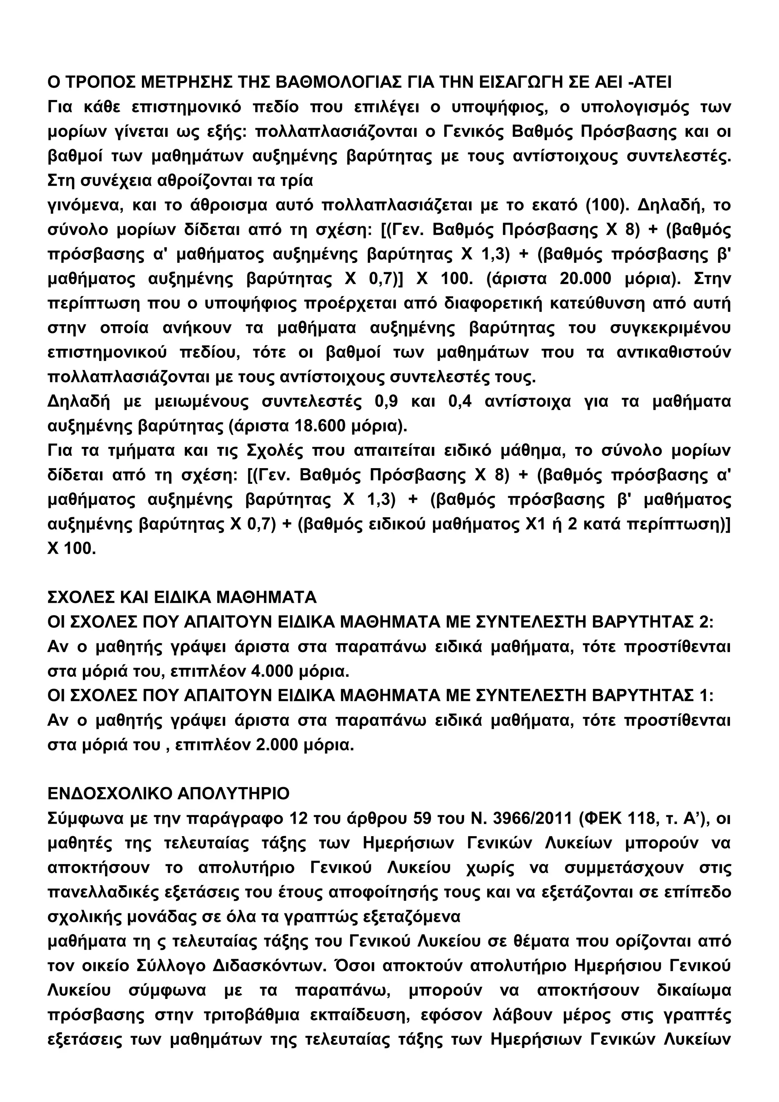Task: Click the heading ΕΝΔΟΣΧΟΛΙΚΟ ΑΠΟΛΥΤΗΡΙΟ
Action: coord(169,794)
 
